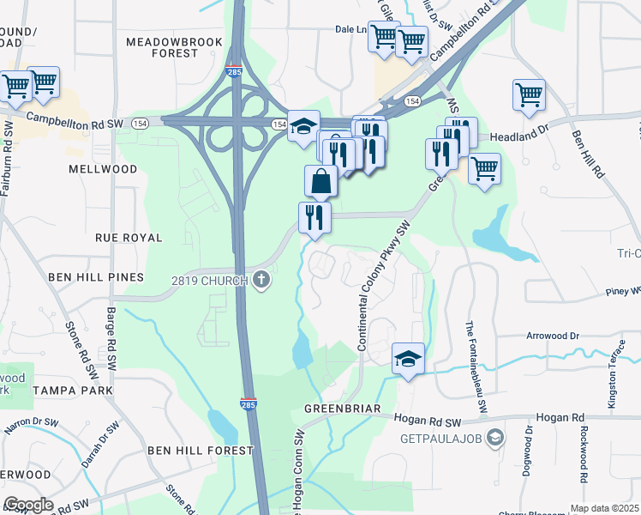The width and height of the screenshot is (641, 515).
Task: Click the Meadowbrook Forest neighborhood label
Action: [174, 47]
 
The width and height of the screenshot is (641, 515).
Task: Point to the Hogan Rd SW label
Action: [428, 420]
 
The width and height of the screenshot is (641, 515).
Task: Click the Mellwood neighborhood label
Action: [104, 169]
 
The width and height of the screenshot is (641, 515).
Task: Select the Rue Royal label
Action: [129, 237]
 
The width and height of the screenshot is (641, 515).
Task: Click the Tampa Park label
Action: [71, 390]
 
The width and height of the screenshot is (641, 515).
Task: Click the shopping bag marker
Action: [320, 181]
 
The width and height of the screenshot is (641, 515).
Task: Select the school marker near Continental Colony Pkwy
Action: [408, 359]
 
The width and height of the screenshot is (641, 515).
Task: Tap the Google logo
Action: [28, 505]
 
